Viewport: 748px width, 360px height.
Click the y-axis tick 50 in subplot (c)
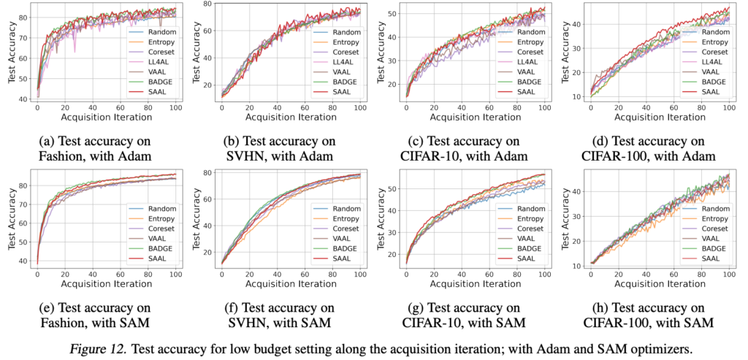point(392,15)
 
